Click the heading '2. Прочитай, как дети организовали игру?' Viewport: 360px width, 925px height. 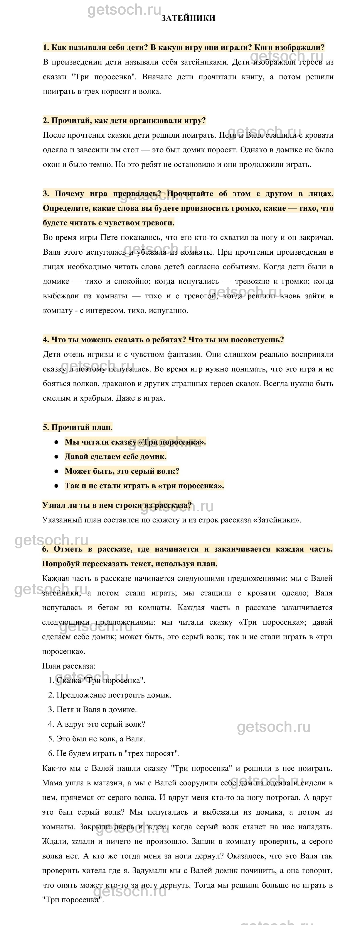coord(124,120)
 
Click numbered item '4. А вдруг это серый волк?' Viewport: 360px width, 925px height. coord(97,724)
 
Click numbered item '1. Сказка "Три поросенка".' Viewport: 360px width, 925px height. coord(97,680)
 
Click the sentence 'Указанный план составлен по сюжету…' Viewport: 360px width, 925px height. coord(172,520)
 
